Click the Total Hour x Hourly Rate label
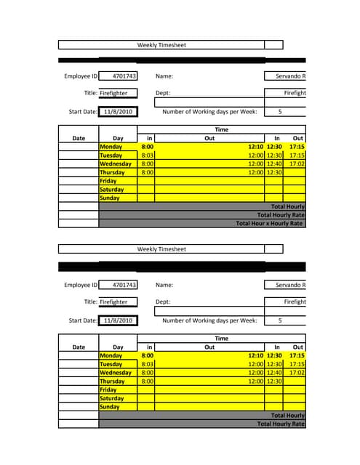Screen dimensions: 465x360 (x=269, y=224)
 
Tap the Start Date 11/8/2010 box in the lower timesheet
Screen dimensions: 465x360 (x=118, y=320)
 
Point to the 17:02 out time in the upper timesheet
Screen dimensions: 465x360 (x=297, y=164)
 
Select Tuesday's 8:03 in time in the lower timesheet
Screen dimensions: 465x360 (x=147, y=364)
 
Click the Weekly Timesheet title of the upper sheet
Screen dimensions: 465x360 (x=161, y=45)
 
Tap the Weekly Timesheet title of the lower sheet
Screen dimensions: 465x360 (x=161, y=249)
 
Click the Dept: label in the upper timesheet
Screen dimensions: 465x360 (x=163, y=93)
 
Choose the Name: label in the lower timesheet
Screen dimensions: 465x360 (x=164, y=286)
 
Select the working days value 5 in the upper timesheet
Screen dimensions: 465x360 (x=280, y=112)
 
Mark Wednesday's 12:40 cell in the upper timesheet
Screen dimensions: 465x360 (x=274, y=164)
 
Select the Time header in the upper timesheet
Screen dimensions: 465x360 (x=222, y=130)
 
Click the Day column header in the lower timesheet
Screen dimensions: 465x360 (x=118, y=347)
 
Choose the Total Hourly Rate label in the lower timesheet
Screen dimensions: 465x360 (x=281, y=424)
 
